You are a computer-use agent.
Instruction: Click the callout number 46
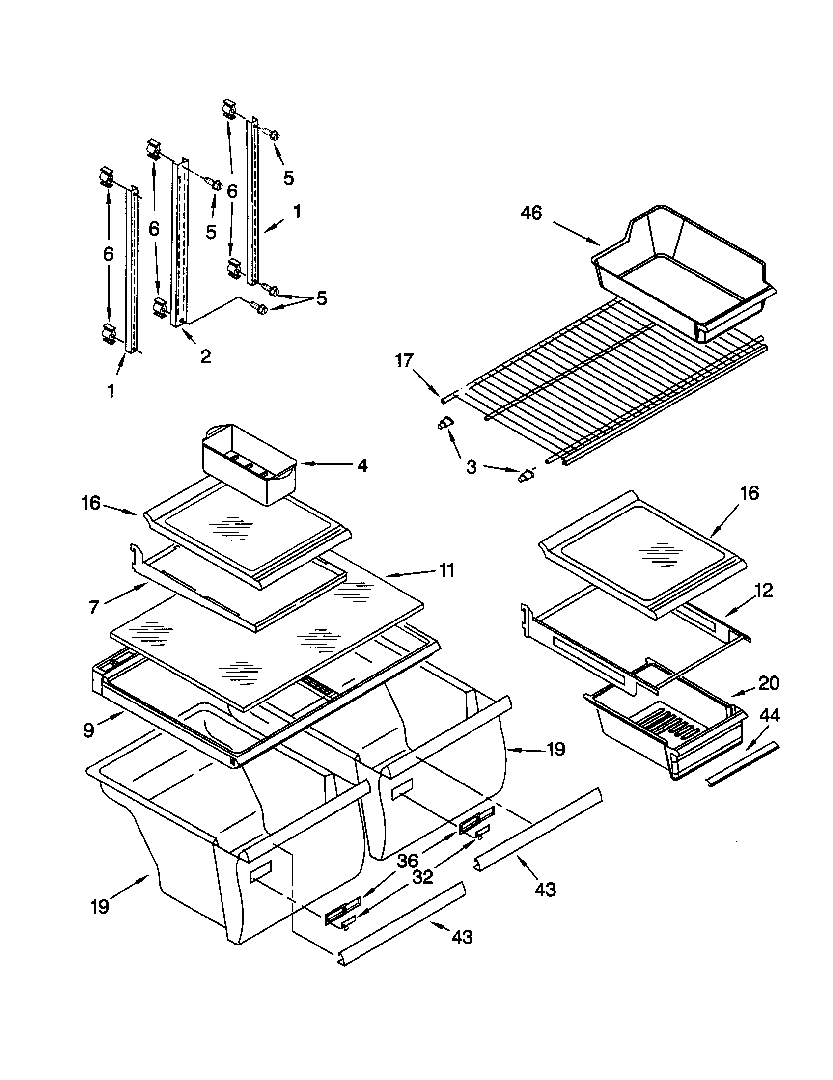coord(531,213)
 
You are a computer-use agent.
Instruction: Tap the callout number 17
coord(404,361)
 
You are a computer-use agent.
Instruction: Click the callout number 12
coord(764,590)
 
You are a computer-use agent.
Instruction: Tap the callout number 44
coord(769,716)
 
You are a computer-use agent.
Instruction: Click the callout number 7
coord(94,607)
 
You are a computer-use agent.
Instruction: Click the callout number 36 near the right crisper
coord(408,861)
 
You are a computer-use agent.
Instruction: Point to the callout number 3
coord(471,466)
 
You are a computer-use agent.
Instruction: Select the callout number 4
coord(362,465)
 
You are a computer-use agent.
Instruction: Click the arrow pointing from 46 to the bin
coord(576,233)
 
